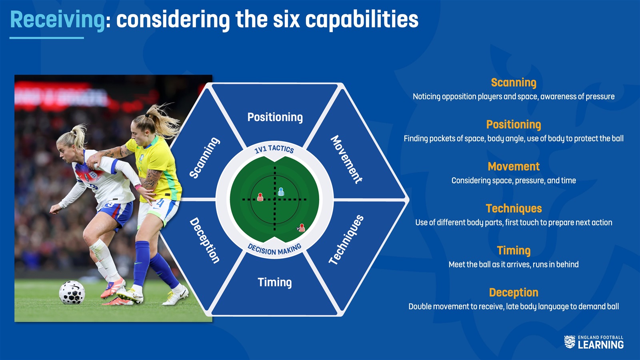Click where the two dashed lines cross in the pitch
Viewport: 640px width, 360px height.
point(275,199)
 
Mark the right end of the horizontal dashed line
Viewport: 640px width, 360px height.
point(306,199)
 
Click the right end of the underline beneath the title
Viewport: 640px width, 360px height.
point(84,38)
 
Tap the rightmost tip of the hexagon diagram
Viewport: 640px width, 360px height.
point(408,199)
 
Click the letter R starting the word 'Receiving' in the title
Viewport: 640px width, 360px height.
point(17,20)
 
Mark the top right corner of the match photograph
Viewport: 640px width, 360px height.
point(212,75)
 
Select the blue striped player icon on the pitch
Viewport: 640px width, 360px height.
point(281,192)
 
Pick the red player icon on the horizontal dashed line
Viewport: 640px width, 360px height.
point(260,197)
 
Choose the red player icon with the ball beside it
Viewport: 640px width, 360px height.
point(302,228)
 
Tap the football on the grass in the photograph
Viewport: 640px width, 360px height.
point(72,292)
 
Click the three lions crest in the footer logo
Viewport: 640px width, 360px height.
point(570,342)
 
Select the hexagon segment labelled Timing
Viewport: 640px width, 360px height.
point(274,283)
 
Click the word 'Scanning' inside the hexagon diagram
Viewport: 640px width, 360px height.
point(204,158)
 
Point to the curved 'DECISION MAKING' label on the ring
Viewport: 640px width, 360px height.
point(274,250)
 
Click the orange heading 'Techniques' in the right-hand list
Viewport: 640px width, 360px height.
point(514,208)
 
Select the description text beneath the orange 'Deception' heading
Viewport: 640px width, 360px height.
point(514,306)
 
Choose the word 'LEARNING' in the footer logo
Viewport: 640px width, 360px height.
point(600,345)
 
